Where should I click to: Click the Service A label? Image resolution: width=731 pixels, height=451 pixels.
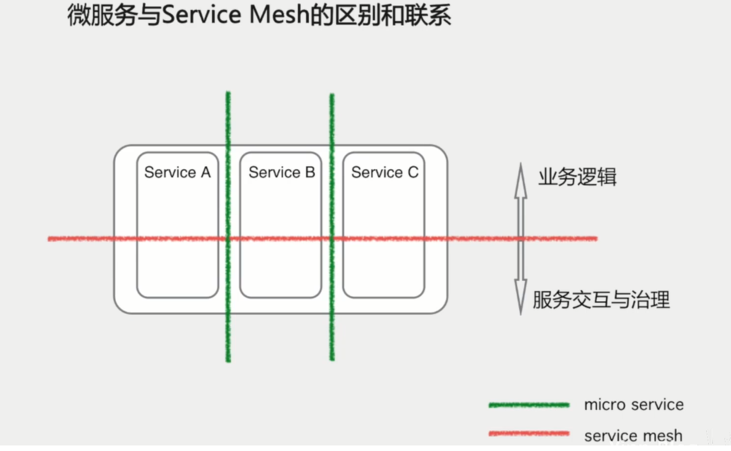point(177,173)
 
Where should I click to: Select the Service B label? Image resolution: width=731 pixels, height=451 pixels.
point(281,173)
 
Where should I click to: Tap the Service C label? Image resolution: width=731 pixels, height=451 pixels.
point(385,173)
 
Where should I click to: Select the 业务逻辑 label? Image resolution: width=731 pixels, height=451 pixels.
point(577,178)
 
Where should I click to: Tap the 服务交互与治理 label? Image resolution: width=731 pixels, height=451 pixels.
point(601,300)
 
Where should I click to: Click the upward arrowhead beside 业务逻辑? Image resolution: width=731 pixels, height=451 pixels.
point(521,175)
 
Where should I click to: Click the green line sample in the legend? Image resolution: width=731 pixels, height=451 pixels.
point(529,405)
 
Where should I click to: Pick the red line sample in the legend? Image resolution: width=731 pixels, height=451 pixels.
point(529,434)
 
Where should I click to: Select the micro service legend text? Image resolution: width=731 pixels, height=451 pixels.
point(634,405)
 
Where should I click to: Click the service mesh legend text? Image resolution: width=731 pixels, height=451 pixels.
point(633,436)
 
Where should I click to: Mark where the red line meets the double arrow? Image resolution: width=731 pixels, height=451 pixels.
point(521,238)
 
